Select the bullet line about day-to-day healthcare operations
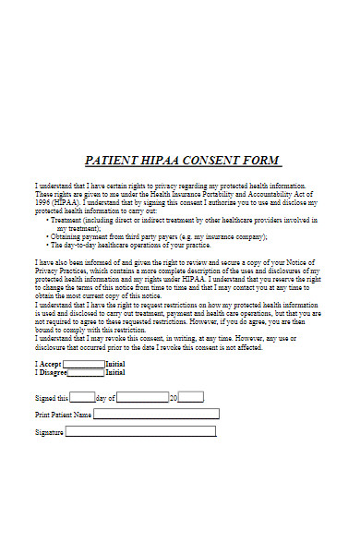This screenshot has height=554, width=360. point(129,246)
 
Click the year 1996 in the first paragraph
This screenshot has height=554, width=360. point(43,202)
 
